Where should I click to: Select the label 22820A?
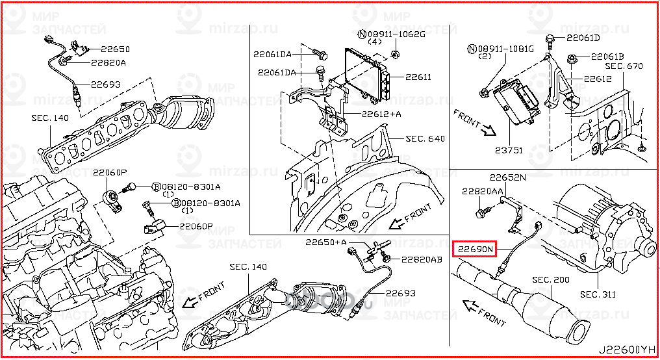[x=108, y=63]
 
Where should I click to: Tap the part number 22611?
[x=418, y=77]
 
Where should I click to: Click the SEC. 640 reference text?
[x=425, y=138]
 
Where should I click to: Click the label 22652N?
[x=507, y=177]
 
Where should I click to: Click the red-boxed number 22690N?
[x=475, y=248]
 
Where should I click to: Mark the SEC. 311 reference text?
[x=598, y=294]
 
